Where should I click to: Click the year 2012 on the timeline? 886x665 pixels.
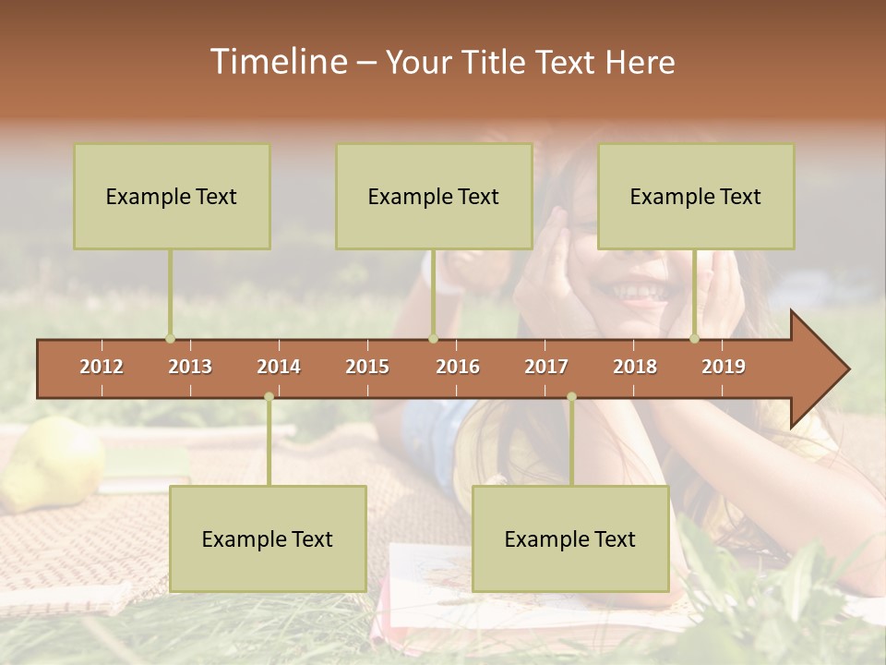pyautogui.click(x=102, y=367)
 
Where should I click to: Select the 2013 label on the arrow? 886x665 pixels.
pyautogui.click(x=190, y=367)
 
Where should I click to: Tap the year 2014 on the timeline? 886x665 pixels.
pyautogui.click(x=279, y=367)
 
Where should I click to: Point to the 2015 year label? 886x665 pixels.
pyautogui.click(x=367, y=367)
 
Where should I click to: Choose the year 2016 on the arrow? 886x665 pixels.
pyautogui.click(x=458, y=367)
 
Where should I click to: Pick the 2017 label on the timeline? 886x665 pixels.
pyautogui.click(x=546, y=367)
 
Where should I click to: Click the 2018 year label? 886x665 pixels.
pyautogui.click(x=635, y=367)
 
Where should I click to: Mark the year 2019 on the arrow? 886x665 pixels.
pyautogui.click(x=724, y=367)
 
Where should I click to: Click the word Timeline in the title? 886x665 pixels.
pyautogui.click(x=277, y=62)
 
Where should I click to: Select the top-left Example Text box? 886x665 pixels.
pyautogui.click(x=172, y=196)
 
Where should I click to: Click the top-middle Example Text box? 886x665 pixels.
pyautogui.click(x=434, y=196)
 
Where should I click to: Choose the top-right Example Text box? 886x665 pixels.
pyautogui.click(x=696, y=196)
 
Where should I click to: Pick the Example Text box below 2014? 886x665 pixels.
pyautogui.click(x=268, y=538)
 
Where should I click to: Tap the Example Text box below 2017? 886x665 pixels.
pyautogui.click(x=570, y=538)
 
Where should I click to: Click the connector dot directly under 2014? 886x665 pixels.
pyautogui.click(x=269, y=397)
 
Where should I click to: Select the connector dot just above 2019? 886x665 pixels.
pyautogui.click(x=694, y=339)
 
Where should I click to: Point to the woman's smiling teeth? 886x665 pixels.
pyautogui.click(x=640, y=292)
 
